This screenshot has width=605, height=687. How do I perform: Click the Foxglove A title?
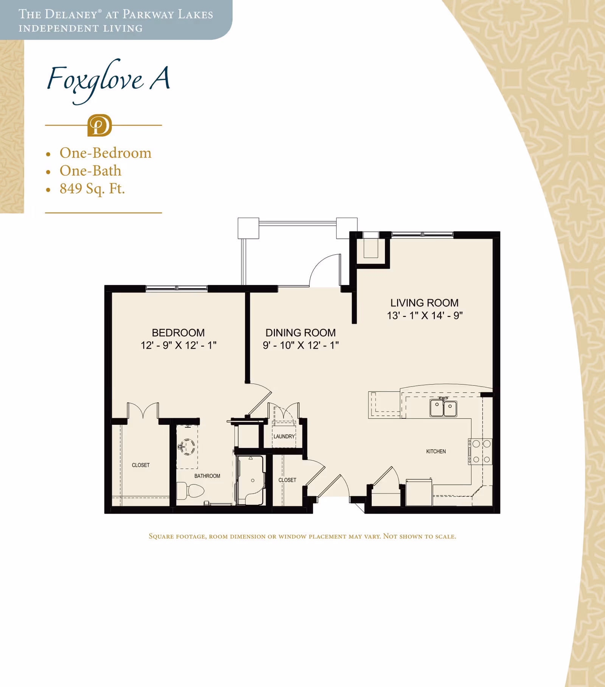[x=109, y=80]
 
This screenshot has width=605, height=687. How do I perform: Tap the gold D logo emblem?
[x=99, y=125]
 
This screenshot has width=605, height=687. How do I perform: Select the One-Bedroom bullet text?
[x=105, y=153]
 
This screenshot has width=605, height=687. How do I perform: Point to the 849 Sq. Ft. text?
[x=92, y=189]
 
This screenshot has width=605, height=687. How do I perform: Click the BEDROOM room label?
[x=178, y=333]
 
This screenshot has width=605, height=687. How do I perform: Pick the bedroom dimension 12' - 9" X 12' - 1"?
[x=178, y=345]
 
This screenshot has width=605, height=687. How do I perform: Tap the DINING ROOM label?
[x=301, y=333]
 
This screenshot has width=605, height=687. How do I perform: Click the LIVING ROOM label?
[x=425, y=303]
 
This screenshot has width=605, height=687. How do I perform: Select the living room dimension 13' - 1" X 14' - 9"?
[x=425, y=316]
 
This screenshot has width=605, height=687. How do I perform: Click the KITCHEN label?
[x=436, y=452]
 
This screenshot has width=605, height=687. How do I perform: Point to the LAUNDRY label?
[x=284, y=436]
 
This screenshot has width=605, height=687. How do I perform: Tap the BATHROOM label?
[x=207, y=476]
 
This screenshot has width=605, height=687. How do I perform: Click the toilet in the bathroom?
[x=191, y=490]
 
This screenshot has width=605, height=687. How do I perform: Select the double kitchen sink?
[x=443, y=408]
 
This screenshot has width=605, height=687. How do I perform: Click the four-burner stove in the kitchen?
[x=480, y=452]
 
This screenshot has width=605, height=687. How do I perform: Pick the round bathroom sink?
[x=187, y=446]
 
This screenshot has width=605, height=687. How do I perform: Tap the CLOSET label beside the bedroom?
[x=141, y=465]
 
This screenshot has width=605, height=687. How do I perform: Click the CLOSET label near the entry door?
[x=287, y=480]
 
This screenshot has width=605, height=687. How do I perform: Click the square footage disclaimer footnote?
[x=302, y=536]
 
